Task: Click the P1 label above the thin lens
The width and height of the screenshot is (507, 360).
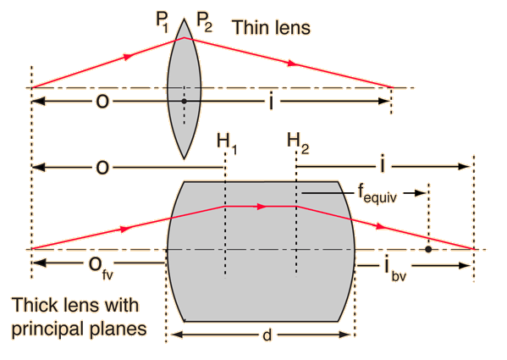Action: click(x=163, y=22)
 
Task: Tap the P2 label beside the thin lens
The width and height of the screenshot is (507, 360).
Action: click(x=204, y=22)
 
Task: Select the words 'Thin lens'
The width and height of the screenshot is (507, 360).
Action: click(x=272, y=27)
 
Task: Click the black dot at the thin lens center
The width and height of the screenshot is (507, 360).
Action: click(x=184, y=102)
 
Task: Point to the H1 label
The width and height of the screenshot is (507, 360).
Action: click(x=227, y=144)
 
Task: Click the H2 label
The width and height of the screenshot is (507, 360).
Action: click(x=298, y=143)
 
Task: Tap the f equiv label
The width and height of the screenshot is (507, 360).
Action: click(x=377, y=194)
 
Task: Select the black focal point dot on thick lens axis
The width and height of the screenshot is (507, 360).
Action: click(x=428, y=249)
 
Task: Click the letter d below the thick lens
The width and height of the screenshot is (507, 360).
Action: click(x=267, y=335)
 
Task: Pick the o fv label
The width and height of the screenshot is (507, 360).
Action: click(x=101, y=268)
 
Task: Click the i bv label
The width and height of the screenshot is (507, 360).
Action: click(x=394, y=269)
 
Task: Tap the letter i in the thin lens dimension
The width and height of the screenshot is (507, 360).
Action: click(x=271, y=102)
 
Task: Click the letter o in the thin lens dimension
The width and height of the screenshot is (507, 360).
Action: click(x=102, y=102)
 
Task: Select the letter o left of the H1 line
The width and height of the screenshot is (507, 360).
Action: click(x=102, y=168)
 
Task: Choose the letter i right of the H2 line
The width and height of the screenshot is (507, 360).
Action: click(x=383, y=164)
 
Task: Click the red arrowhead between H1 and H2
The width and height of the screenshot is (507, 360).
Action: click(x=262, y=207)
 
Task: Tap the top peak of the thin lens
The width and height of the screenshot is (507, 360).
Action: click(x=184, y=19)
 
